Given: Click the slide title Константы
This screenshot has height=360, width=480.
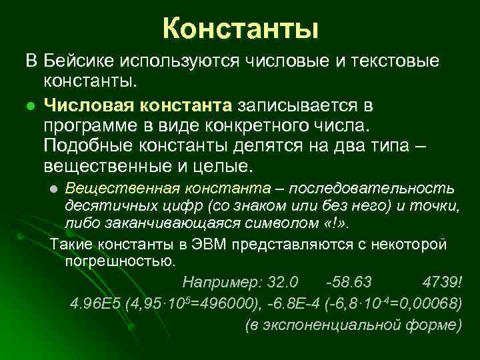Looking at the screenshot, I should coord(240,29).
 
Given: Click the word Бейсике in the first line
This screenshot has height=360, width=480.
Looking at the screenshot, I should coord(79,61).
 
